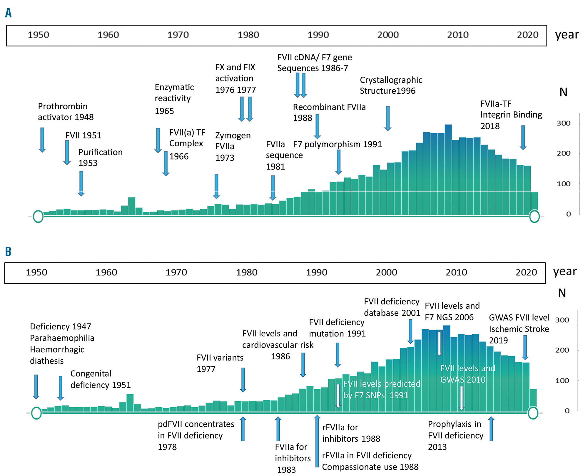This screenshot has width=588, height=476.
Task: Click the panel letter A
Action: pyautogui.click(x=9, y=13)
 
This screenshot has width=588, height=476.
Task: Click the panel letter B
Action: pyautogui.click(x=8, y=252)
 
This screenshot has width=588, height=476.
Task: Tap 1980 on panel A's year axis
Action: pyautogui.click(x=248, y=35)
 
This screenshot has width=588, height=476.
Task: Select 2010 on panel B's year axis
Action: pyautogui.click(x=456, y=272)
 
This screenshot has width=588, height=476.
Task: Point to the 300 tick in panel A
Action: pyautogui.click(x=563, y=123)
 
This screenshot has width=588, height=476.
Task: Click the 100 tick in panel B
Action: pyautogui.click(x=562, y=381)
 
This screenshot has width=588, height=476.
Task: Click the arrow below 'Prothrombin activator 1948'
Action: pyautogui.click(x=42, y=140)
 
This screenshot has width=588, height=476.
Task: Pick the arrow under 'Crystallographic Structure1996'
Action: pyautogui.click(x=388, y=118)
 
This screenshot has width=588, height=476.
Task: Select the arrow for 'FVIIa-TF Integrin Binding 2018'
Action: pyautogui.click(x=523, y=138)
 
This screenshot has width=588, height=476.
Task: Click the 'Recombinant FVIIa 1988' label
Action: pyautogui.click(x=329, y=112)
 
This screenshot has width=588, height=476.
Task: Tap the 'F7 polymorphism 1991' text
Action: pyautogui.click(x=338, y=144)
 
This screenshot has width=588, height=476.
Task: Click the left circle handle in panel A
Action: pyautogui.click(x=38, y=217)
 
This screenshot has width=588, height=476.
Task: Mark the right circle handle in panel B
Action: pyautogui.click(x=533, y=413)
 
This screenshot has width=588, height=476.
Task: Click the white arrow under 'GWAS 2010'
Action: pyautogui.click(x=462, y=398)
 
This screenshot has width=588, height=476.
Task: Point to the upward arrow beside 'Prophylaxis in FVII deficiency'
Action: pyautogui.click(x=491, y=429)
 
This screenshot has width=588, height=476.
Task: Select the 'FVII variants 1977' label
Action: pyautogui.click(x=220, y=363)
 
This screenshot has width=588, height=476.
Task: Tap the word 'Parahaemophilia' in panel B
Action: pyautogui.click(x=62, y=338)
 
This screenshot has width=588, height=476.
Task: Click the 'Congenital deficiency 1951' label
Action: pyautogui.click(x=100, y=379)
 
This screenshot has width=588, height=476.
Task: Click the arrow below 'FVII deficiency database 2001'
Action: pyautogui.click(x=410, y=331)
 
